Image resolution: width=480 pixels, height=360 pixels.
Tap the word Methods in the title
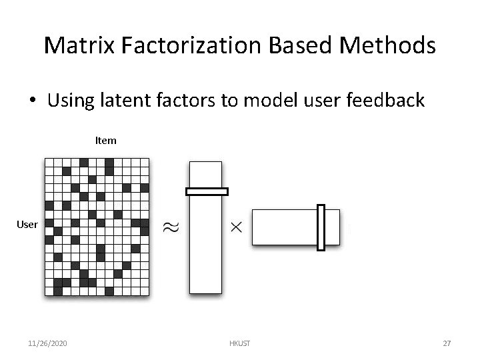click(x=388, y=45)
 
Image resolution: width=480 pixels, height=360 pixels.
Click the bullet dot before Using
click(x=32, y=101)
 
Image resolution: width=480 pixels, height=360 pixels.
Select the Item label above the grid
click(x=105, y=140)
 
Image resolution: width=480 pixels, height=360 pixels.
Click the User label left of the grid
click(x=27, y=224)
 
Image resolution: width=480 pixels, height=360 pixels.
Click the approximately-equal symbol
click(x=171, y=227)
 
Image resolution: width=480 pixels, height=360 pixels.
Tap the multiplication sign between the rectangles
click(x=236, y=227)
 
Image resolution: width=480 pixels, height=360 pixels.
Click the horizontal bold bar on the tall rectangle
click(x=207, y=191)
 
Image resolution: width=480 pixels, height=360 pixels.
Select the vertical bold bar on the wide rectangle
click(x=321, y=227)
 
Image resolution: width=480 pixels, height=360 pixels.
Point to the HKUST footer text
click(x=239, y=343)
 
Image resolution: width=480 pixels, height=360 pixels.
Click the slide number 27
click(x=447, y=343)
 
